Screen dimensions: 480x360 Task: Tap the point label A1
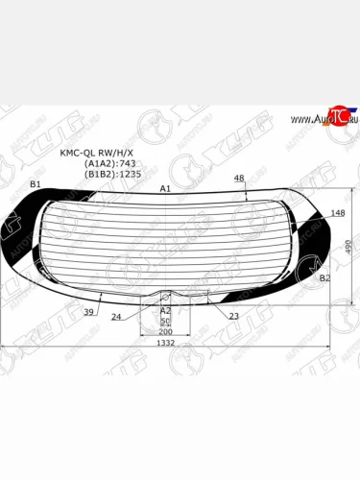165,188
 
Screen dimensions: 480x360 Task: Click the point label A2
165,310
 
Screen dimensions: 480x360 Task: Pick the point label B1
36,183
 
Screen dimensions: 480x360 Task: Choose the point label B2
324,277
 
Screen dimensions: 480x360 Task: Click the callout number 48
239,179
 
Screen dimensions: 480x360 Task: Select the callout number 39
88,312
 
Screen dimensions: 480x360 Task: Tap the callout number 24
116,316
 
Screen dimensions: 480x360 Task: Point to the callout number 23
234,315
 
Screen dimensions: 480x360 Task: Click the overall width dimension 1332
166,343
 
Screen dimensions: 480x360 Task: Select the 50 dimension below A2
165,320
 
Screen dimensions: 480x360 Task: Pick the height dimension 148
337,213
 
